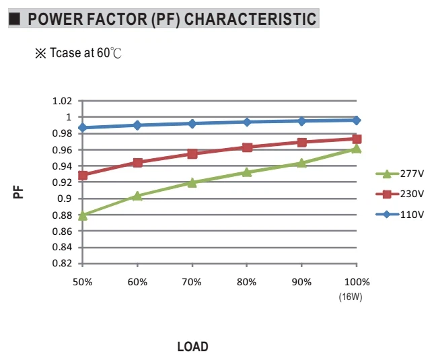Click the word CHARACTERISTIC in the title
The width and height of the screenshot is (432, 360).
tap(250, 19)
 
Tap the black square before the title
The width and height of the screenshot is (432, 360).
tap(15, 19)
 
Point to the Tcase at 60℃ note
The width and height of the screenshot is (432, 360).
tap(78, 53)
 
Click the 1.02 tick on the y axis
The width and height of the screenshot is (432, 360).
tap(62, 101)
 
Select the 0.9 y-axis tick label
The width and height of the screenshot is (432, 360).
tap(65, 199)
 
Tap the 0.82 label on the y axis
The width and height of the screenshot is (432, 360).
tap(62, 263)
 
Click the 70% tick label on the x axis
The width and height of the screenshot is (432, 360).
tap(192, 282)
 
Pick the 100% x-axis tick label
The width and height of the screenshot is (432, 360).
tap(357, 282)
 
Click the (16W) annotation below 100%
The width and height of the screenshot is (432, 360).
tap(351, 297)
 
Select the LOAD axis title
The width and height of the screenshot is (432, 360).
tap(192, 347)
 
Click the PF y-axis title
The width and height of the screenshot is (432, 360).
tap(18, 192)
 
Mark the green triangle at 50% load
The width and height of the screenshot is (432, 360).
tap(83, 216)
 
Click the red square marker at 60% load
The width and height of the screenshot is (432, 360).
tap(137, 163)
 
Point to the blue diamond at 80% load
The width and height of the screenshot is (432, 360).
tap(247, 122)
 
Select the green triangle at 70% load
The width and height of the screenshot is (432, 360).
tap(192, 183)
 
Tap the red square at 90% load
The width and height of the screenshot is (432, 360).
tap(302, 143)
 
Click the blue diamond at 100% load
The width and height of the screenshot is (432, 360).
tap(357, 120)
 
